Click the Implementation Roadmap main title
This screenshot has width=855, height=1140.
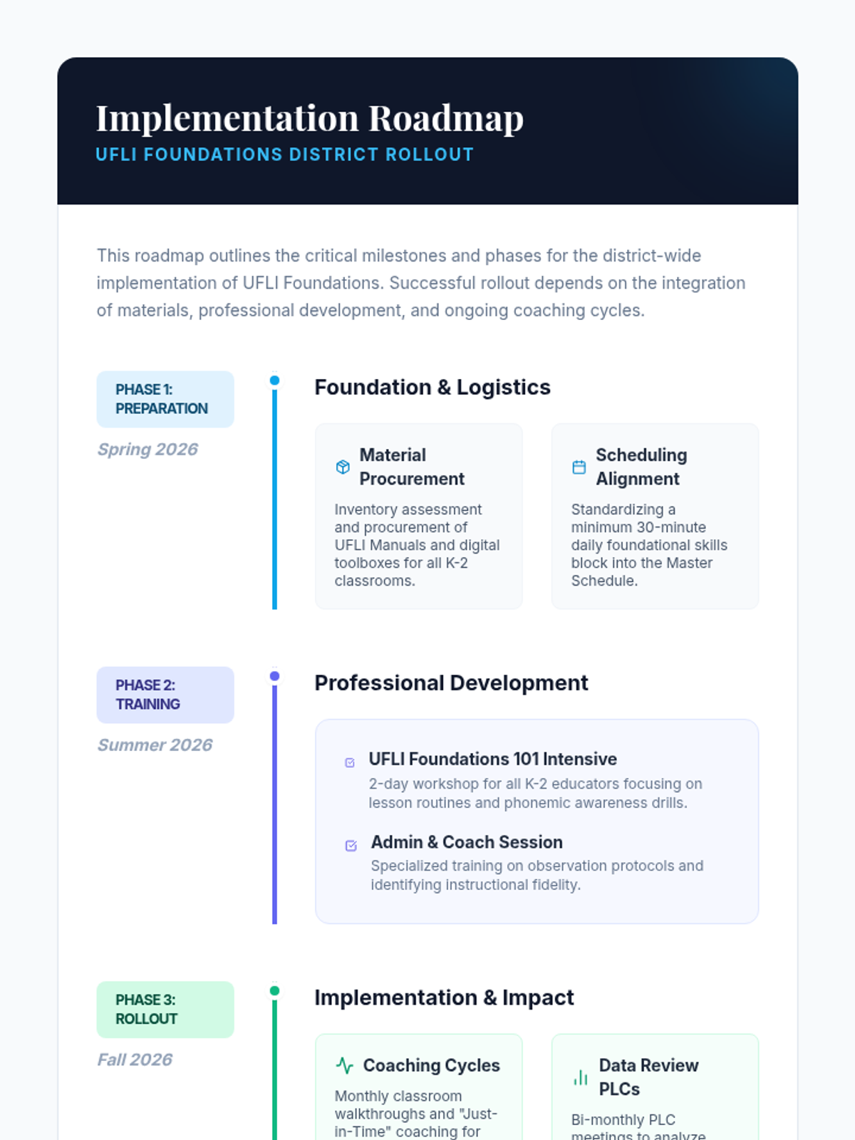click(x=310, y=118)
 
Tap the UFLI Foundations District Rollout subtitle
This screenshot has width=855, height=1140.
click(x=285, y=155)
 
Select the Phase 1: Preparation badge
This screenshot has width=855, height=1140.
click(x=165, y=399)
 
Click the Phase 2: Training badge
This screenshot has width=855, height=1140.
click(x=165, y=695)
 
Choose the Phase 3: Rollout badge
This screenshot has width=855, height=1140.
click(x=165, y=1010)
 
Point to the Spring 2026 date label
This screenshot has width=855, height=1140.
click(x=147, y=450)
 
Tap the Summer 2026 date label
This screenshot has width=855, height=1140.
click(x=155, y=745)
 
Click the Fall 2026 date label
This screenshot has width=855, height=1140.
click(x=135, y=1060)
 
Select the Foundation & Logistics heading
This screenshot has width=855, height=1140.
click(x=432, y=388)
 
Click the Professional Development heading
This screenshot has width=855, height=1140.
click(x=451, y=683)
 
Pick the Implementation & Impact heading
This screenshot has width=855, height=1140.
click(x=444, y=998)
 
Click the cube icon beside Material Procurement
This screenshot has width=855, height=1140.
click(x=343, y=467)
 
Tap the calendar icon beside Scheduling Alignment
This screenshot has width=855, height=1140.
click(x=579, y=467)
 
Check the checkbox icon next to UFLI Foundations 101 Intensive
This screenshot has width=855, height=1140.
click(x=350, y=762)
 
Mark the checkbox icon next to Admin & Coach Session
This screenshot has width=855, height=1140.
click(x=351, y=846)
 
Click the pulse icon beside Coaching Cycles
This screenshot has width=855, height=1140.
click(x=345, y=1066)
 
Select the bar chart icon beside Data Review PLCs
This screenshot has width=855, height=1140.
click(x=581, y=1077)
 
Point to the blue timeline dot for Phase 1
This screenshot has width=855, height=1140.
click(x=274, y=380)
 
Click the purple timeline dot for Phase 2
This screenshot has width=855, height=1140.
click(x=274, y=676)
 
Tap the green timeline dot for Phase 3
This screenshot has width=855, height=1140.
click(x=274, y=991)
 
